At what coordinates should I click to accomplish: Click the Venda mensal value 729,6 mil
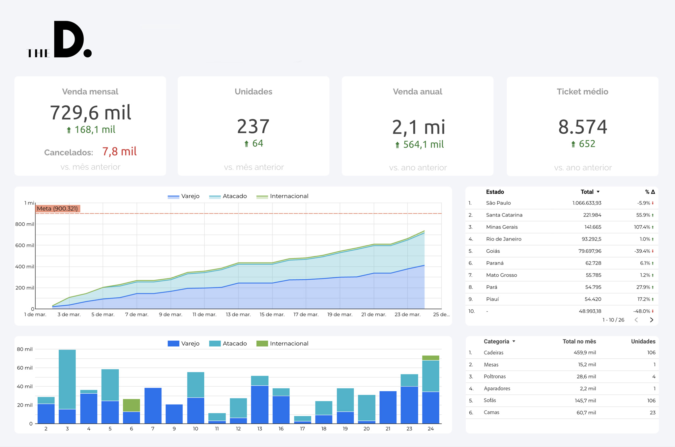click(x=90, y=113)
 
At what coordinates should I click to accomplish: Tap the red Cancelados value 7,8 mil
click(x=119, y=152)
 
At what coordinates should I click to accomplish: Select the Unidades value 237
click(x=253, y=126)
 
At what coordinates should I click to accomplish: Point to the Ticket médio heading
click(x=582, y=92)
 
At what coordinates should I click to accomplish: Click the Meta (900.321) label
click(x=57, y=209)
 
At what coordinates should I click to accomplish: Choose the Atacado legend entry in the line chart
click(x=228, y=196)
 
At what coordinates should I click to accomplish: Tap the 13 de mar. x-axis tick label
click(x=238, y=315)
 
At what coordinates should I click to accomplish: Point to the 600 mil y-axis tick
click(x=25, y=245)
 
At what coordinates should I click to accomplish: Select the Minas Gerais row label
click(x=502, y=227)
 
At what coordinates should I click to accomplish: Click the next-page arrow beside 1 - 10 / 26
click(x=651, y=320)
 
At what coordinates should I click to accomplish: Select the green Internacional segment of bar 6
click(x=132, y=405)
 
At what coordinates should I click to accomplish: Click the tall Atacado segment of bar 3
click(x=67, y=379)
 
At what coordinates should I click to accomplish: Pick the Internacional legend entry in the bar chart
click(x=282, y=344)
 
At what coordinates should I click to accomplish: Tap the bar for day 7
click(x=153, y=405)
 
